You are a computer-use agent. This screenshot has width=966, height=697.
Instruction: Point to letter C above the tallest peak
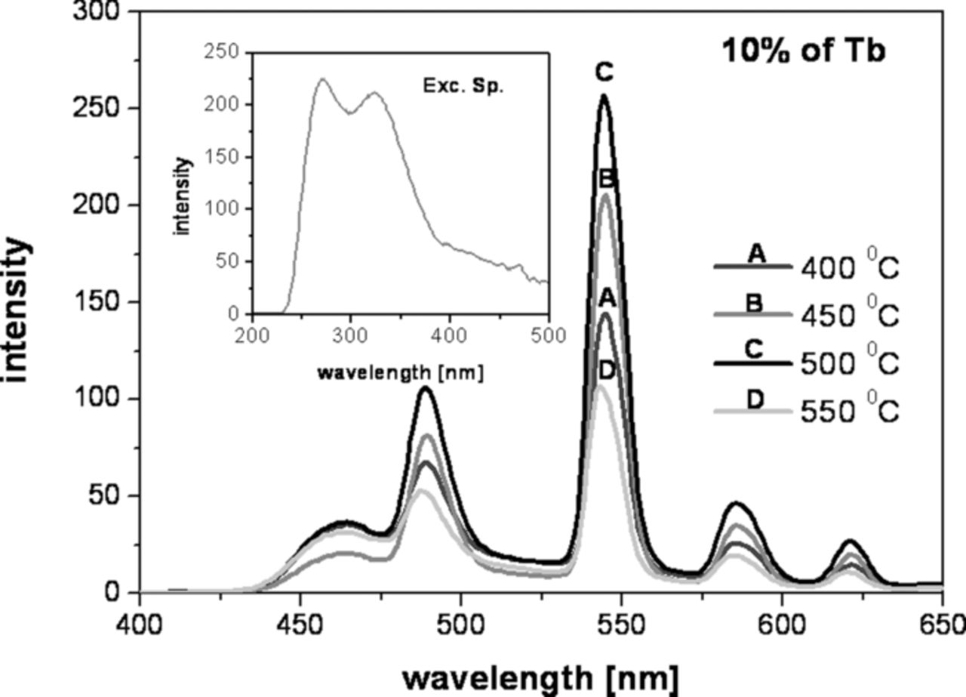click(604, 73)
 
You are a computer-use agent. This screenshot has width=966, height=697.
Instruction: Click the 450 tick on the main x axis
click(300, 625)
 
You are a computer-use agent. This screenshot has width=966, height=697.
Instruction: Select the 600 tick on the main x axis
click(781, 625)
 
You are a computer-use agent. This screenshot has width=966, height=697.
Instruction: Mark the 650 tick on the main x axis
click(941, 625)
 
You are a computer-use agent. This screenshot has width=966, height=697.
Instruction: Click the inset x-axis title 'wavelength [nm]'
click(400, 372)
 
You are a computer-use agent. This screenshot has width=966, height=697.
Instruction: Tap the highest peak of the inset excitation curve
click(323, 79)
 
